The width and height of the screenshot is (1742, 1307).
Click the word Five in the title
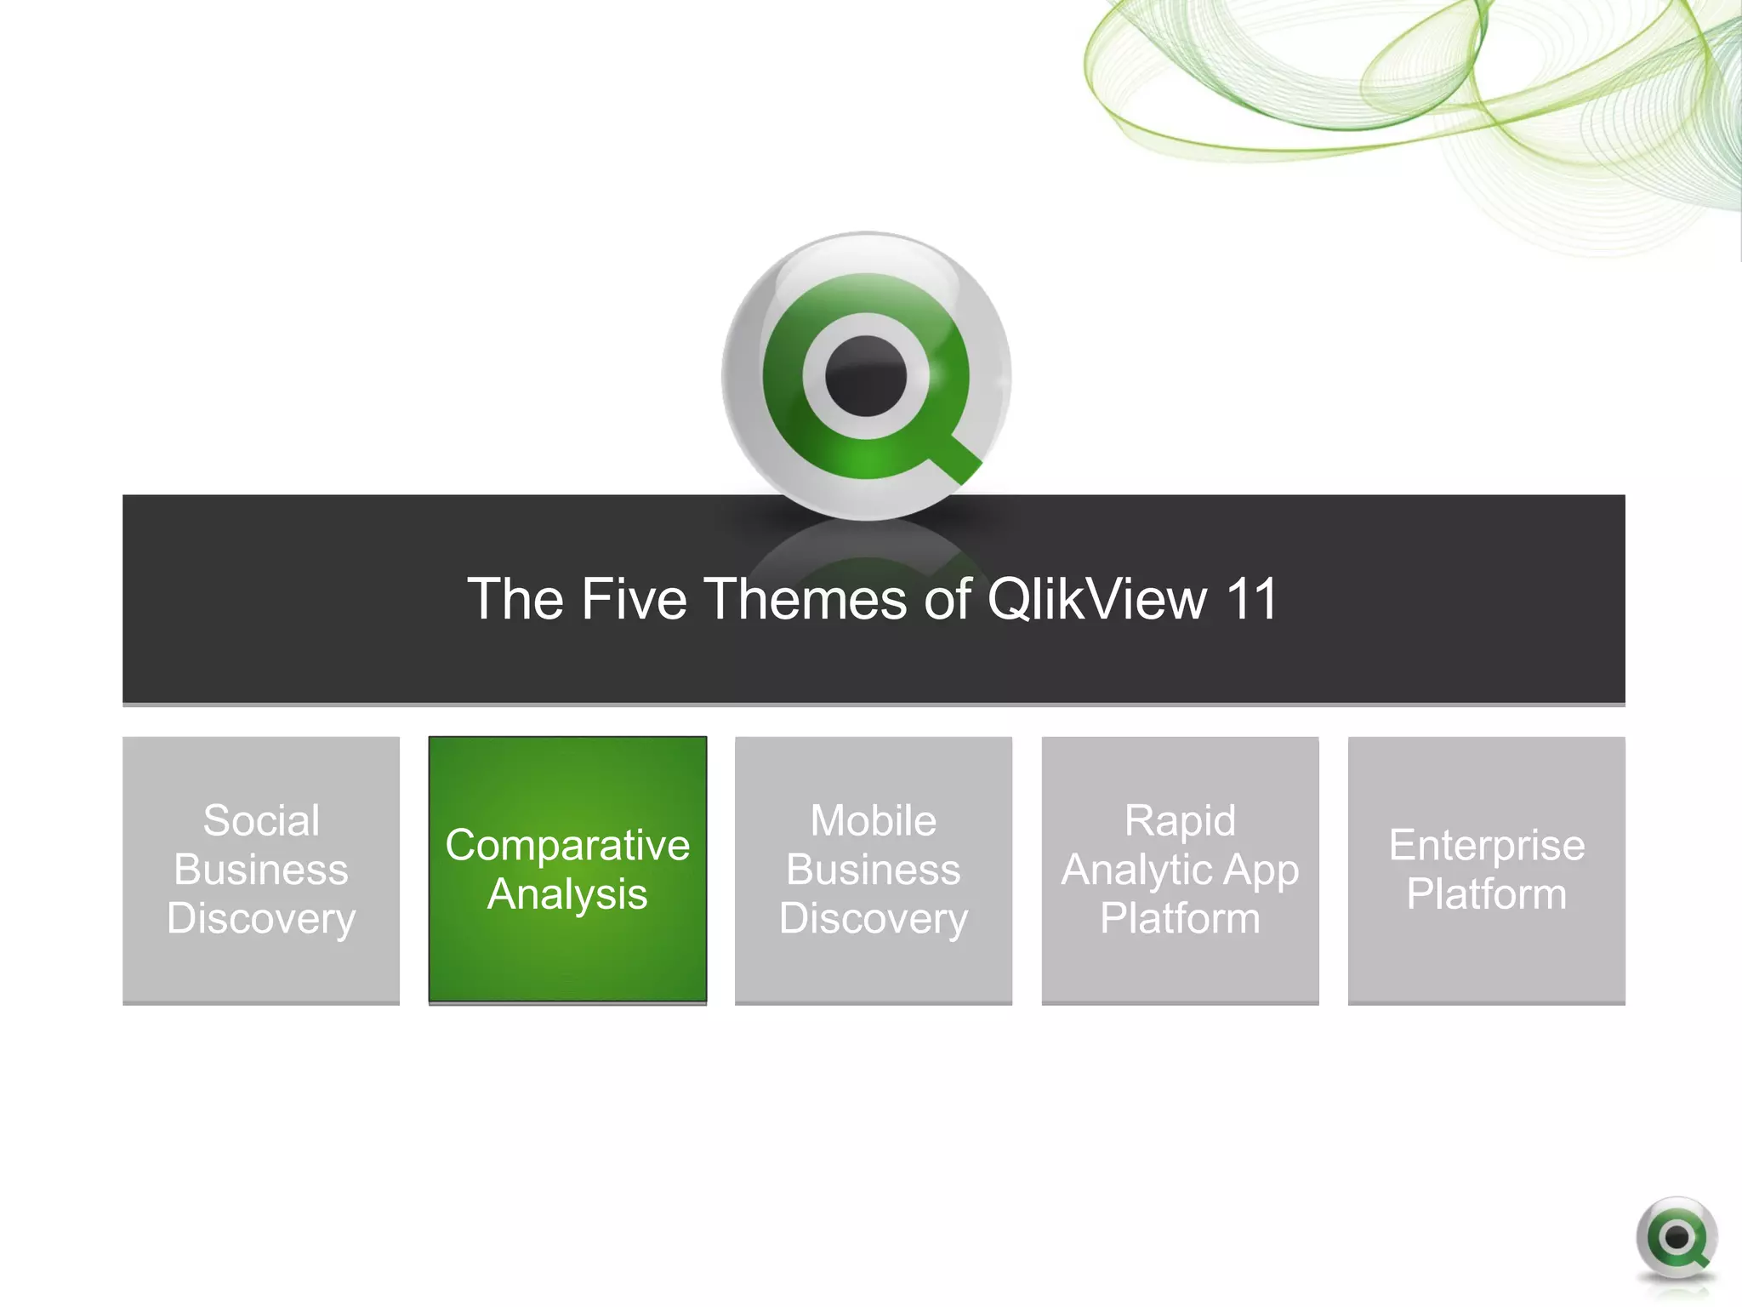point(633,599)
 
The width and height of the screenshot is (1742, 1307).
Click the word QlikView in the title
point(1096,599)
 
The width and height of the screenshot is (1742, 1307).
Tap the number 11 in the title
point(1250,599)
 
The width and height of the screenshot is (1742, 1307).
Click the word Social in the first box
point(261,820)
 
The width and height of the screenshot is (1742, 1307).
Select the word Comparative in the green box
point(567,845)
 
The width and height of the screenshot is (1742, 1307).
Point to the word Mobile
point(874,820)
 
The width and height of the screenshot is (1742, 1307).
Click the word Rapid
point(1180,820)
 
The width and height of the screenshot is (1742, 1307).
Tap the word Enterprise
point(1486,845)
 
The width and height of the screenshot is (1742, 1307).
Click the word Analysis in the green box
point(567,894)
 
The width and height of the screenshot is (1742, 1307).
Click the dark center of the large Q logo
point(866,376)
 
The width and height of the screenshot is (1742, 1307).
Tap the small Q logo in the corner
point(1676,1238)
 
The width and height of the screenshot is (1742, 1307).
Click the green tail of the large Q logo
point(957,459)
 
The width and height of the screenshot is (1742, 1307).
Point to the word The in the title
point(515,599)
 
